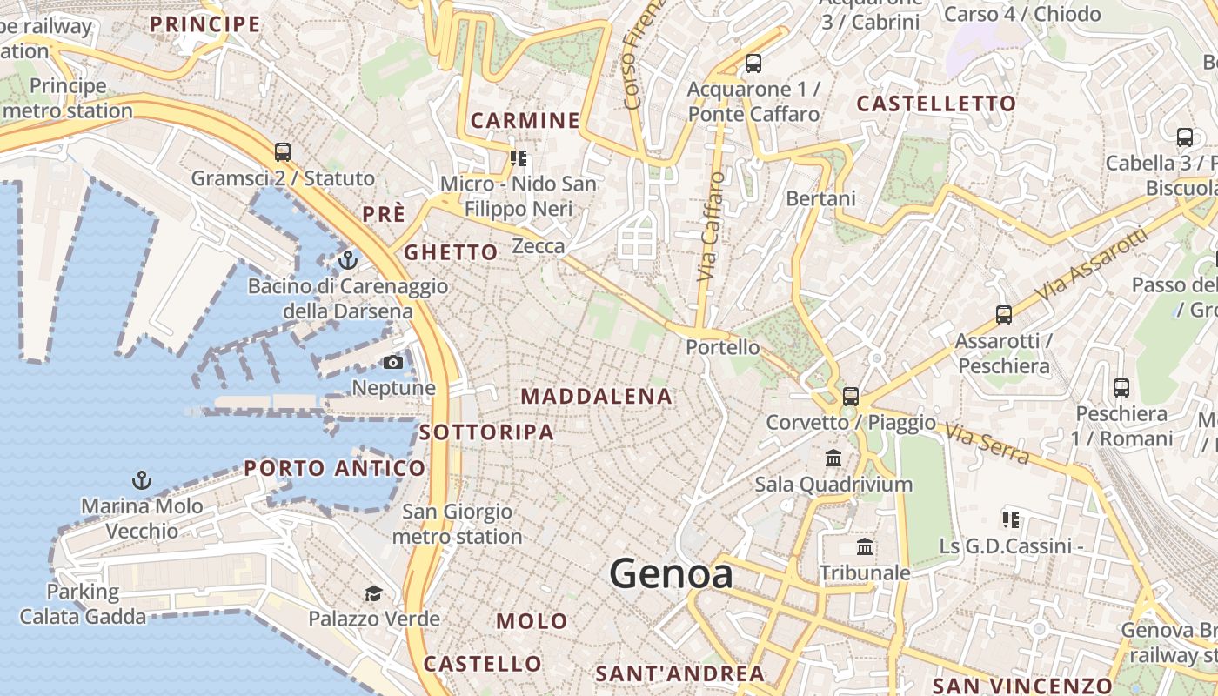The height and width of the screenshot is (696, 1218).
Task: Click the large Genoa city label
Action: pos(671,574)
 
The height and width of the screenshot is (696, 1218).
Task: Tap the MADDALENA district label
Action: pos(596,397)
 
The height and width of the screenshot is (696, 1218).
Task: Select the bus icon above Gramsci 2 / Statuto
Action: pos(283,152)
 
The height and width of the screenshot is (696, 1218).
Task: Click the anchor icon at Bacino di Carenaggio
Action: pos(348,259)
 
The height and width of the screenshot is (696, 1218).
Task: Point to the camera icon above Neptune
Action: pos(393,362)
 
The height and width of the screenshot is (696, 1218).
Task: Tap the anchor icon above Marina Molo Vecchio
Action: pos(141,479)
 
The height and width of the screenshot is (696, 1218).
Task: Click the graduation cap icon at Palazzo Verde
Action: pos(373,593)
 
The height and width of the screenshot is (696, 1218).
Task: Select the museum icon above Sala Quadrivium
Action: pos(833,458)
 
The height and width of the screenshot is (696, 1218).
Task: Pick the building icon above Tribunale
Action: pos(865,547)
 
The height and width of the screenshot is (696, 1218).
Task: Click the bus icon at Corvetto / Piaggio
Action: pos(851,397)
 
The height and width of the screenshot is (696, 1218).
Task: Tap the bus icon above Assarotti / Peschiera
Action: pos(1004,315)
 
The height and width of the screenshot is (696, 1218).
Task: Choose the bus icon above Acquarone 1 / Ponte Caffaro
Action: pos(753,64)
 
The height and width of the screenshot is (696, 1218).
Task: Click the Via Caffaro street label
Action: pos(711,226)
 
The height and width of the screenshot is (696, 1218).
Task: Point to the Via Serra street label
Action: pos(987,443)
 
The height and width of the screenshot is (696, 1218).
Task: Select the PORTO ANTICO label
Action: pos(335,469)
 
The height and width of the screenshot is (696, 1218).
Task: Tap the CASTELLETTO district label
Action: pos(936,104)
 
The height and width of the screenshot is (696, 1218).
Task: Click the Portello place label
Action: pos(722,347)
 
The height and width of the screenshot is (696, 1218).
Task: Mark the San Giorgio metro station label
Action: pos(457,524)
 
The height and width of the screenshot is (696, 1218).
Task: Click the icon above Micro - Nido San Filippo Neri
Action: pos(519,158)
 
